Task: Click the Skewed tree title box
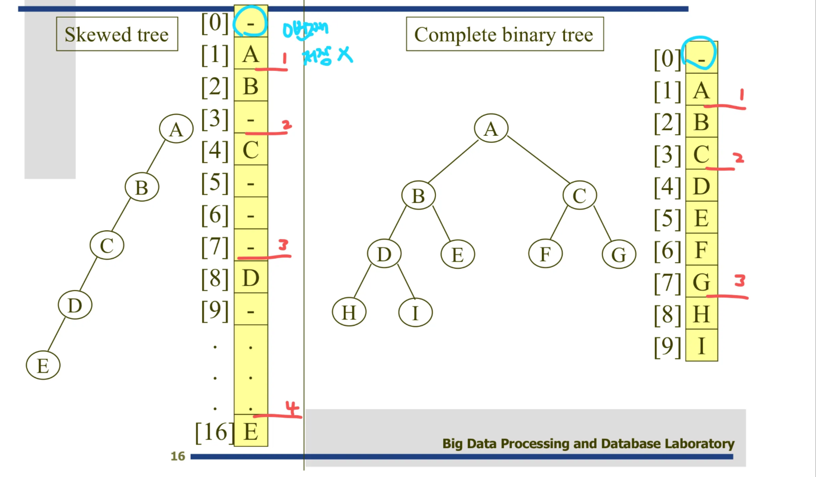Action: (117, 34)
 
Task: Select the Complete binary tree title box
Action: (504, 34)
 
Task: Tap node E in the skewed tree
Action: (43, 366)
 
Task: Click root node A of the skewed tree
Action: (176, 129)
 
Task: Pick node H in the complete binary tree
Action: (349, 313)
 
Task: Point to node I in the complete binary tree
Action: (415, 313)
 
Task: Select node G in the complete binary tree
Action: (619, 254)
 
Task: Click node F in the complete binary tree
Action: (545, 254)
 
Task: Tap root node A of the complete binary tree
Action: (491, 128)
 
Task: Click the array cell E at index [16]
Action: (251, 432)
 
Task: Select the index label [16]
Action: (214, 432)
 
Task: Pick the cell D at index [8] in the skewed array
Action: (251, 278)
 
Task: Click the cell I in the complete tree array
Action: (701, 346)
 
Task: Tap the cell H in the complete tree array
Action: (701, 314)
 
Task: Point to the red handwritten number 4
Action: (292, 408)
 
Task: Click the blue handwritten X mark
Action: (345, 55)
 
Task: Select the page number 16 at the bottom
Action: (178, 456)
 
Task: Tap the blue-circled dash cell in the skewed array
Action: (250, 22)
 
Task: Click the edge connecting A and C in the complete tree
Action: (538, 159)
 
